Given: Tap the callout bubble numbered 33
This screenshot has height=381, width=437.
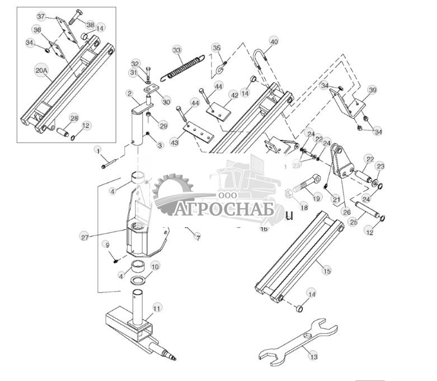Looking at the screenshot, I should click(177, 50).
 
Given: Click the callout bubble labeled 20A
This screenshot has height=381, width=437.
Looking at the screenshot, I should click(41, 70).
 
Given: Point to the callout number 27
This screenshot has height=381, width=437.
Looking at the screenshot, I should click(85, 237).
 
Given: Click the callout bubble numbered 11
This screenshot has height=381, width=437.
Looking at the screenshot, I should click(157, 308).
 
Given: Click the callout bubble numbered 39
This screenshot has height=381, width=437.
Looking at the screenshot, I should click(373, 90).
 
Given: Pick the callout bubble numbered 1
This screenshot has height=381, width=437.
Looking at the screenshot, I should click(98, 150).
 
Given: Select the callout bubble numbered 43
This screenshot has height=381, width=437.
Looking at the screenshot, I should click(175, 143).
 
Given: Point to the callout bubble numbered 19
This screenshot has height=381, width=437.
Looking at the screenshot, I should click(316, 197).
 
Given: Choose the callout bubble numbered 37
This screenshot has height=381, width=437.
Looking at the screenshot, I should click(41, 17).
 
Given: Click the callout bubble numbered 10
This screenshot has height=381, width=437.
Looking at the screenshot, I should click(155, 266).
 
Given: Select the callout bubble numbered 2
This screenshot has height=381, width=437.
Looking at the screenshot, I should click(129, 93).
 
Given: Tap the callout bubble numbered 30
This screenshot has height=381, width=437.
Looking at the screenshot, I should click(166, 101).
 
